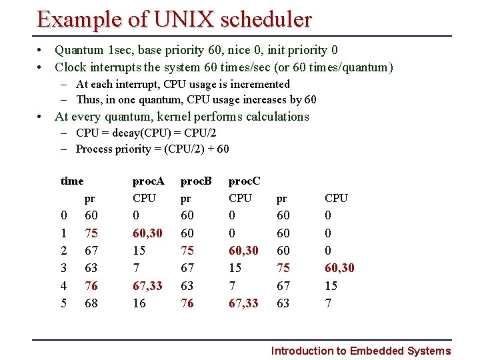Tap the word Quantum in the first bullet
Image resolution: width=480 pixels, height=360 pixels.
[79, 50]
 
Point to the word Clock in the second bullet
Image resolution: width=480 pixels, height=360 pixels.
[71, 67]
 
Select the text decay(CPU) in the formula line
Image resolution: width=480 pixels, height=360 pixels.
[144, 133]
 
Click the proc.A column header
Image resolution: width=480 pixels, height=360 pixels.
[148, 181]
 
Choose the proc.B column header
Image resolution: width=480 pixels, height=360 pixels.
[196, 181]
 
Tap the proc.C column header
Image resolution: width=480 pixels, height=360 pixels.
[245, 181]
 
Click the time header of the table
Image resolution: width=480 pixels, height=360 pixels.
[72, 181]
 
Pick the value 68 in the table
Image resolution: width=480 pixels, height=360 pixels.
[92, 303]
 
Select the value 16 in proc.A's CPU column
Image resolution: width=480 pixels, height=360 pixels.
[139, 303]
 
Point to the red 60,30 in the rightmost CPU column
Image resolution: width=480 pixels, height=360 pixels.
[339, 268]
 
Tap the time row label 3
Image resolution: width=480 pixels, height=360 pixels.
[63, 268]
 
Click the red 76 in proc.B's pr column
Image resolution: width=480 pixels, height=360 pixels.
[188, 303]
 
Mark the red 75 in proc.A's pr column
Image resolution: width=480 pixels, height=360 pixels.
[92, 233]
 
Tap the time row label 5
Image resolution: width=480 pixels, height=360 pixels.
[63, 303]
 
